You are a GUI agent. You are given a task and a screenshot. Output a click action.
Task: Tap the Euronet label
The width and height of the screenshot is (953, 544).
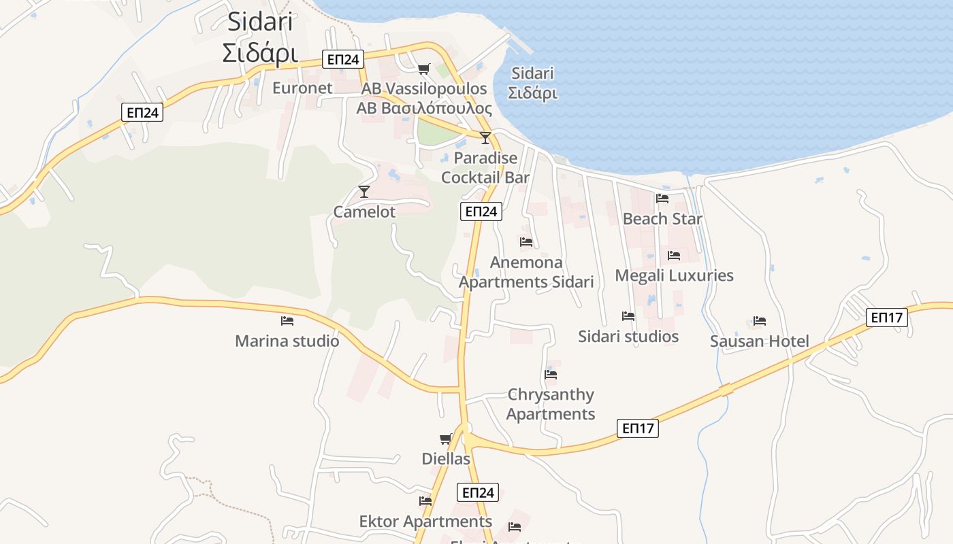(x=302, y=88)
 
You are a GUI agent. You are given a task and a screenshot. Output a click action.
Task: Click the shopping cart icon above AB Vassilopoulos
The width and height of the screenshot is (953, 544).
(x=424, y=69)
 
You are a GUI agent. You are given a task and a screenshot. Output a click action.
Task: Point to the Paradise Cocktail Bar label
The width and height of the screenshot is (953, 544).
(x=485, y=167)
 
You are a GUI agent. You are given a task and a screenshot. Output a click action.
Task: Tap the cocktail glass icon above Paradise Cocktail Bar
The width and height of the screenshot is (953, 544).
(x=485, y=138)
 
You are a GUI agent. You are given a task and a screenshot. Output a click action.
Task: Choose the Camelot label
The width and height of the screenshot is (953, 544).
(x=364, y=211)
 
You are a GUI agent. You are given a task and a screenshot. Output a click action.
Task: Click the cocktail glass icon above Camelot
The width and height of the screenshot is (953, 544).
(x=364, y=191)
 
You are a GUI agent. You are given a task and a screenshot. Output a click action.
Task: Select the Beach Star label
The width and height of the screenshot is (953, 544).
(x=662, y=218)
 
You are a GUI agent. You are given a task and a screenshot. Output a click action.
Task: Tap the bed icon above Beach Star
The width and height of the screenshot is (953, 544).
(x=662, y=199)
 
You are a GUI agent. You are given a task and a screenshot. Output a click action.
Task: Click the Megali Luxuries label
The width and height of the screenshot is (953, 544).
(x=674, y=275)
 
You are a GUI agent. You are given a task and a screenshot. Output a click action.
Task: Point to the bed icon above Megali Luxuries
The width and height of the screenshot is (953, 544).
(x=674, y=256)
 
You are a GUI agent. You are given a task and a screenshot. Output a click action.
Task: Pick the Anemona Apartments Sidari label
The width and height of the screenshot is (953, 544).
(x=526, y=272)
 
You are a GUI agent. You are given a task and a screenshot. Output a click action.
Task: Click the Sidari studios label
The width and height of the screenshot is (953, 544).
(x=628, y=337)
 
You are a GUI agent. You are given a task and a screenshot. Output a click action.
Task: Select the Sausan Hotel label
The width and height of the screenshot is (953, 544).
(x=760, y=341)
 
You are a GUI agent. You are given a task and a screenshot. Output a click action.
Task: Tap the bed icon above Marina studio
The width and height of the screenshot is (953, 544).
(x=287, y=320)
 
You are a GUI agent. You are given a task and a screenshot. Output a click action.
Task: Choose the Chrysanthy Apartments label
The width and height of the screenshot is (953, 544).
(x=551, y=404)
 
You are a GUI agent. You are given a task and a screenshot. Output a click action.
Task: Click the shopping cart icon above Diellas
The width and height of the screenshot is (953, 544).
(x=446, y=439)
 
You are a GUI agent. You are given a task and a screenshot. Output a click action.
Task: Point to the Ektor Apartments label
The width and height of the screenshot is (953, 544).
(x=425, y=522)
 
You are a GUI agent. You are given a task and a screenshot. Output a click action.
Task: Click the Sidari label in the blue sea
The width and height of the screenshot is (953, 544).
(x=532, y=83)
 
